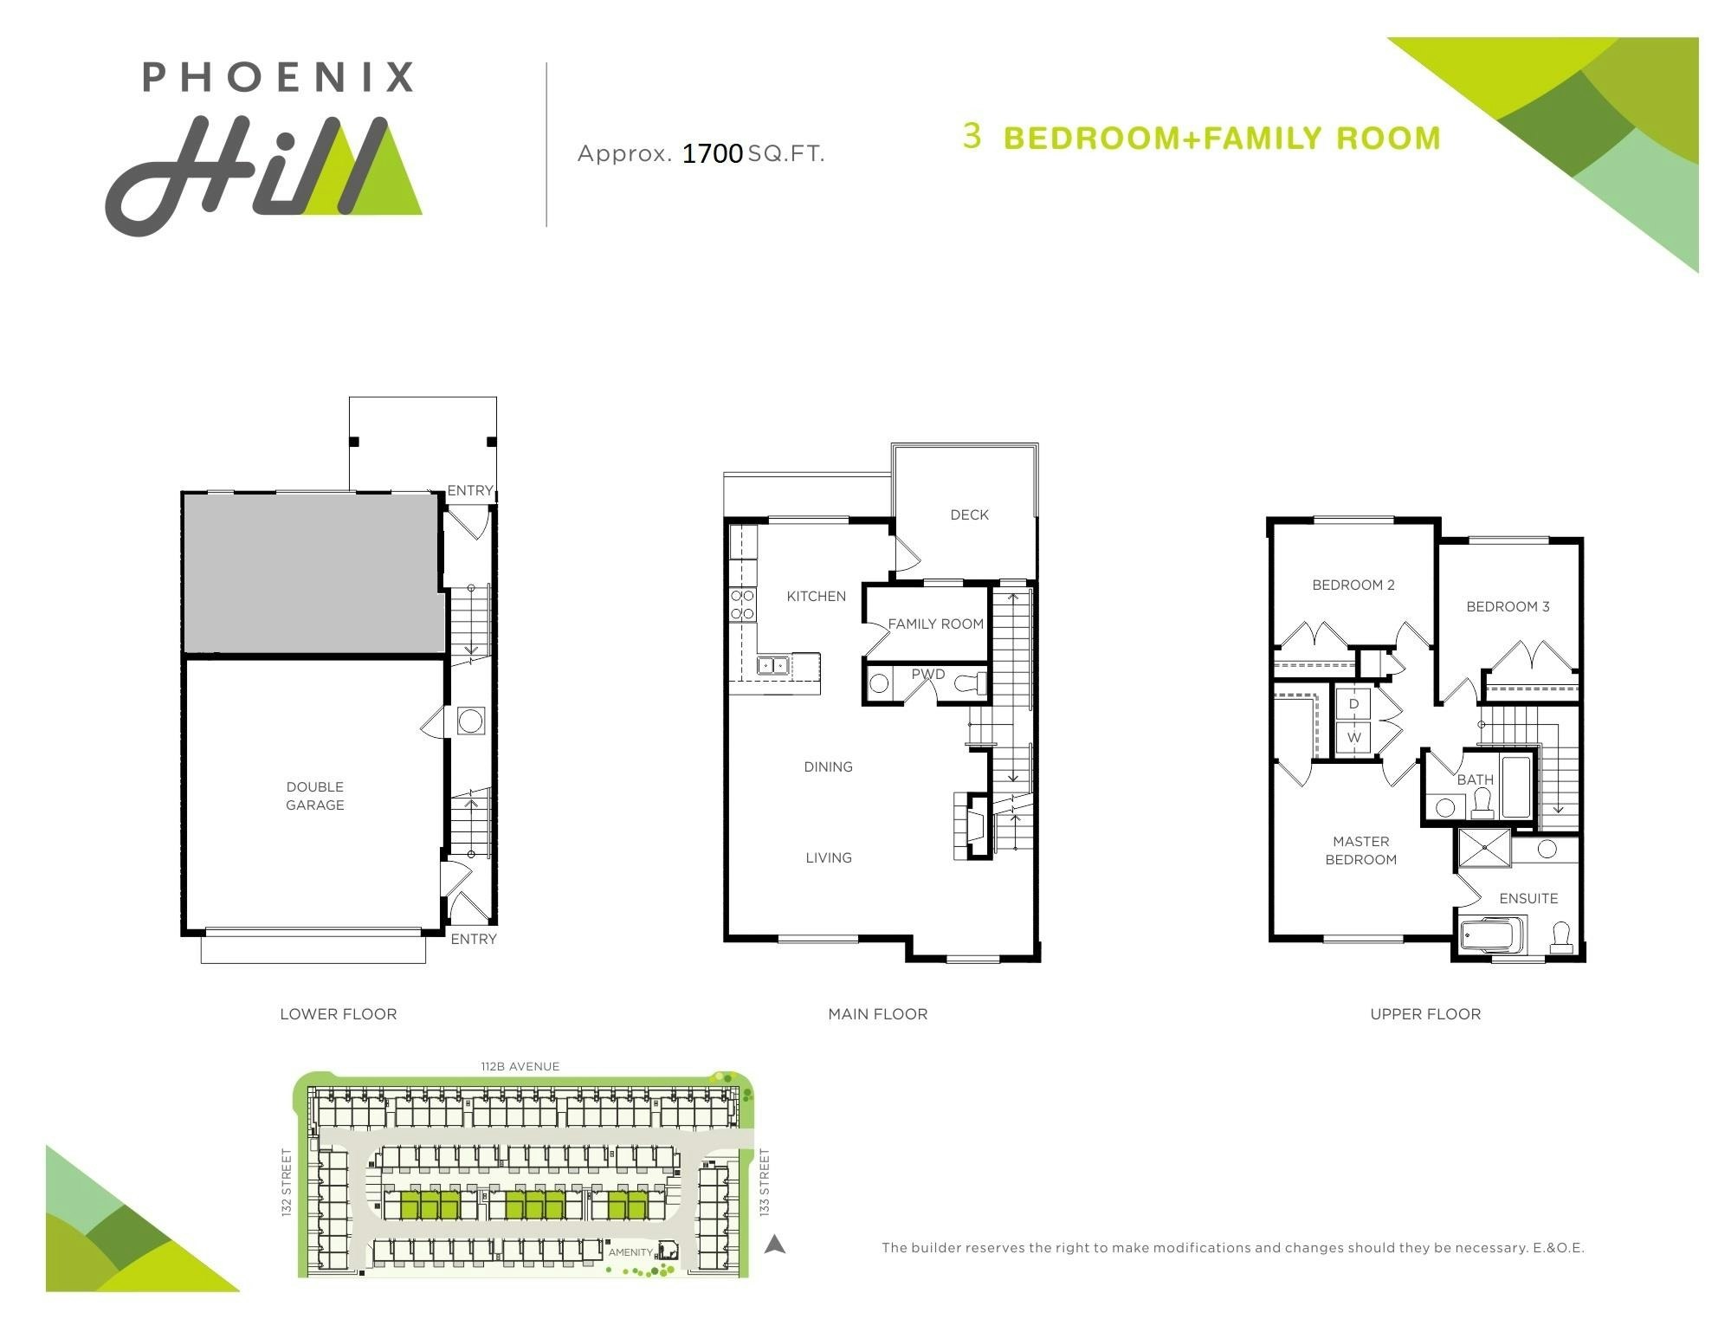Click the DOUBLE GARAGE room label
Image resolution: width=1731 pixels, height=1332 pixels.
(315, 796)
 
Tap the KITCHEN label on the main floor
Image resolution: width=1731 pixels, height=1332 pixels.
(817, 596)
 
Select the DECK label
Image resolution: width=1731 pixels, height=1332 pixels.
(969, 514)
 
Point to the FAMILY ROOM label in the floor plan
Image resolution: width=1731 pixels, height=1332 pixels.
(936, 624)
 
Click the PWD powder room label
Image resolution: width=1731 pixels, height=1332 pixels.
(928, 674)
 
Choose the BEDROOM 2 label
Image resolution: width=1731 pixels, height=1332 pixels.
(1353, 585)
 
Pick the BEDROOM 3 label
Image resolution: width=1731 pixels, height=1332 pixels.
(1508, 606)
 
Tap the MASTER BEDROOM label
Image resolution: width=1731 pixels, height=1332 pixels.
(1361, 850)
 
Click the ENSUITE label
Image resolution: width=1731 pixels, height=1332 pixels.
(1528, 898)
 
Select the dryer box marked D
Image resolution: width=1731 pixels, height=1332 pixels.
(1353, 704)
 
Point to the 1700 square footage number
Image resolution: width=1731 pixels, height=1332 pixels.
(713, 153)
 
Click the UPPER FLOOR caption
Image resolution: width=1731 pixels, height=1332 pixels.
(1425, 1014)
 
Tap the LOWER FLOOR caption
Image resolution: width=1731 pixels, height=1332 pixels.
(339, 1014)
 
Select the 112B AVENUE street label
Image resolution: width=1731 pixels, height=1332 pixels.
(520, 1066)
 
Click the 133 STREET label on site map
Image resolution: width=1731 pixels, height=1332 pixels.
(765, 1182)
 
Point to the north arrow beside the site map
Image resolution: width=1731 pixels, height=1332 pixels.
(775, 1245)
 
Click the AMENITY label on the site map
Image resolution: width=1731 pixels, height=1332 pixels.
(630, 1252)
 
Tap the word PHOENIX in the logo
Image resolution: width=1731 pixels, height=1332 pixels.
(278, 76)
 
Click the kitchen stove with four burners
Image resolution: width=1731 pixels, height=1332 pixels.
(742, 605)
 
